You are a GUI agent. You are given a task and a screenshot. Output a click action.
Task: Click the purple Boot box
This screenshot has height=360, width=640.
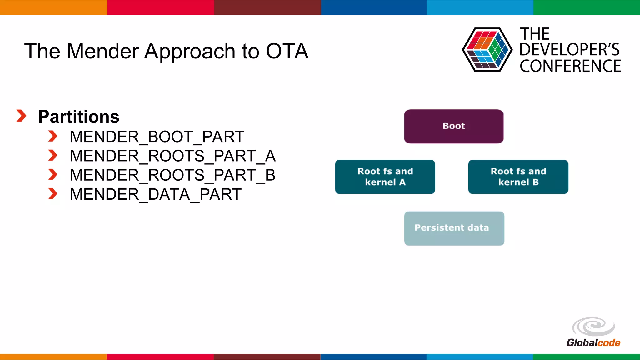(454, 126)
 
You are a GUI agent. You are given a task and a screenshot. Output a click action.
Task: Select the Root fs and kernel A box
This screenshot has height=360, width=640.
(385, 177)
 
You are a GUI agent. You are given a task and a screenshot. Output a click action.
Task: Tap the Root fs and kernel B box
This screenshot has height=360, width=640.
(518, 177)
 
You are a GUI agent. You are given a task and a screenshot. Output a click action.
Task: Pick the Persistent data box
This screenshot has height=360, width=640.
(454, 228)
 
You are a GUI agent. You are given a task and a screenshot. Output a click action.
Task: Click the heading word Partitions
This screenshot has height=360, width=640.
(79, 117)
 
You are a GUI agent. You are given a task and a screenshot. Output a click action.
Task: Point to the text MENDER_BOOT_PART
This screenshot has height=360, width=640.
(157, 137)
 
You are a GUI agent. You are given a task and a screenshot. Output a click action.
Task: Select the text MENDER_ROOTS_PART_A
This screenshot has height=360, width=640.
(172, 156)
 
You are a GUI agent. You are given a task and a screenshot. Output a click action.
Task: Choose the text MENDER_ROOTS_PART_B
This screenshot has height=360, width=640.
(172, 175)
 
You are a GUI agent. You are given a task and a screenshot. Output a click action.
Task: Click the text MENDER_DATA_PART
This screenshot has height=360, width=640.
(156, 194)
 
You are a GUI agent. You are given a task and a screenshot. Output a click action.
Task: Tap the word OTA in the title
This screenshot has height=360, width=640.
(287, 51)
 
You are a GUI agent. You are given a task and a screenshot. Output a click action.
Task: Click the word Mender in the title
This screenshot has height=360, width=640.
(103, 51)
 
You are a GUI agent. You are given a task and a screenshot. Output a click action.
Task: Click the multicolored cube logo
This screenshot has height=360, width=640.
(487, 50)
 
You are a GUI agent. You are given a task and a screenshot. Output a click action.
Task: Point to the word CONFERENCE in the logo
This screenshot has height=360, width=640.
(570, 66)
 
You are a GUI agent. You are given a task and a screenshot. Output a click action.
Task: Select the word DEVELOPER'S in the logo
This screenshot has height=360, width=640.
(569, 50)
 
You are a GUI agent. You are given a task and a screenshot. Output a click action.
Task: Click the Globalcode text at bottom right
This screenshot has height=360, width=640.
(593, 343)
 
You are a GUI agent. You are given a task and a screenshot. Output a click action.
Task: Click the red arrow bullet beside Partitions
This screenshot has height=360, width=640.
(21, 116)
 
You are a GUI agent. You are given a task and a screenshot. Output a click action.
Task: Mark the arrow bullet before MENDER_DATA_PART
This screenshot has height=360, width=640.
(53, 194)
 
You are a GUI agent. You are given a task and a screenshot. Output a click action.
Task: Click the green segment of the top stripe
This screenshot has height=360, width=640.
(587, 7)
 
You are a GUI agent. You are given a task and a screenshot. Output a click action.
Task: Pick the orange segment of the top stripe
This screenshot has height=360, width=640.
(53, 7)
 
